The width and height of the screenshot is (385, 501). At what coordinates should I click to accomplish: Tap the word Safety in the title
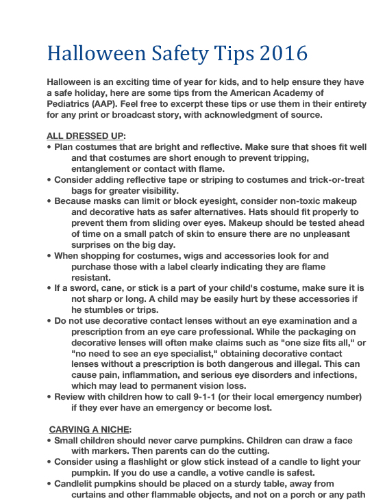pyautogui.click(x=174, y=54)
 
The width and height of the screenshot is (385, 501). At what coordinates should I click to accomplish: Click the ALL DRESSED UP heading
pyautogui.click(x=86, y=136)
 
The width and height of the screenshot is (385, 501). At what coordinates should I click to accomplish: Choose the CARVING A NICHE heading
pyautogui.click(x=90, y=428)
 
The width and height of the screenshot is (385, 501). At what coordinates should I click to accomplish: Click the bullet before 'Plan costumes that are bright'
pyautogui.click(x=49, y=147)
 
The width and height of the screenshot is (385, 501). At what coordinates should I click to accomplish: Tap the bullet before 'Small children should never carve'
pyautogui.click(x=49, y=440)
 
